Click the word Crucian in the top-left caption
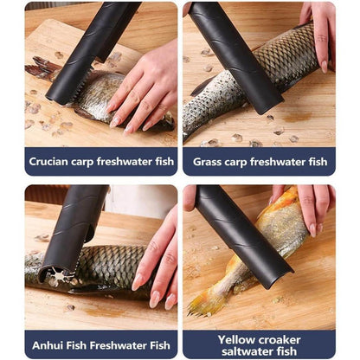pos(50,161)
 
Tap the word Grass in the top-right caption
pos(210,161)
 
